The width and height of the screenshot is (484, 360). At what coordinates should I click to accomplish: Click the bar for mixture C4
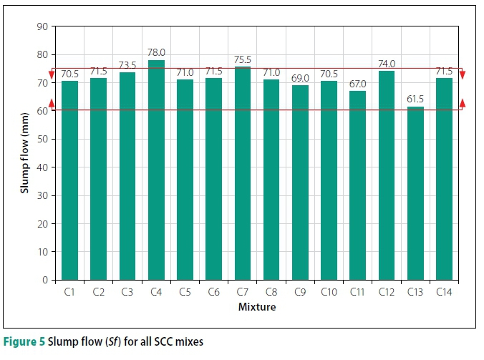156,170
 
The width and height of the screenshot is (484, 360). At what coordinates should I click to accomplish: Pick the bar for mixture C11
357,185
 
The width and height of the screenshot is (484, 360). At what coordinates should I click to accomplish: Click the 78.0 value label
156,53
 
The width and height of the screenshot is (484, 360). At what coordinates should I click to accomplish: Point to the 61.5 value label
415,99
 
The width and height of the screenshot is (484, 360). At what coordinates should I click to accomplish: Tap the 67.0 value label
357,84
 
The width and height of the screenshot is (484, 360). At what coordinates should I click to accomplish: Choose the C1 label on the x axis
69,292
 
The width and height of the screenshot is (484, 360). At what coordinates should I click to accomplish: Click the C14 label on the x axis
444,292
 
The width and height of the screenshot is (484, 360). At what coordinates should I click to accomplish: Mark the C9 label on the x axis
300,292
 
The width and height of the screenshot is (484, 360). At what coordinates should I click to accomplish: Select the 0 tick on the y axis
44,280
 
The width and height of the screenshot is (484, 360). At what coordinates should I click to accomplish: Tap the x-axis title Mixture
257,308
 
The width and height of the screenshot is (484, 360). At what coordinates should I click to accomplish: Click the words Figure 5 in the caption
24,341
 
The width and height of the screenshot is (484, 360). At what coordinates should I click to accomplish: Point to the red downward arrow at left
52,74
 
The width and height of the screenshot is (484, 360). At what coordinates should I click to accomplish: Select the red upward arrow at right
463,104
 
